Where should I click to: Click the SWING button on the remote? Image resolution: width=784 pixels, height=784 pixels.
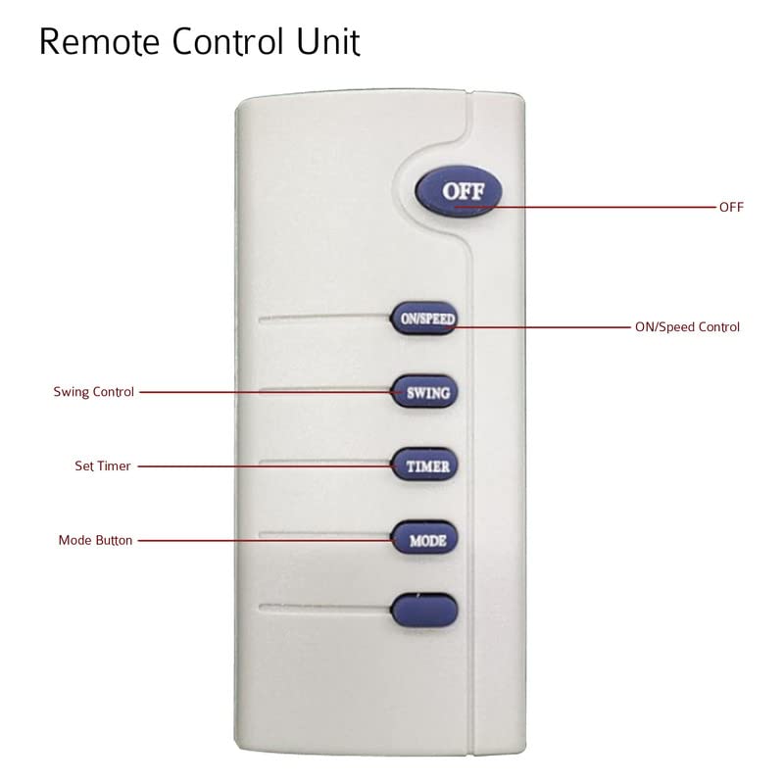424,390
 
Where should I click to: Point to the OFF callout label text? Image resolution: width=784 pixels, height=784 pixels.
731,208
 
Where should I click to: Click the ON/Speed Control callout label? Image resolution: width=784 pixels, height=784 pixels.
687,327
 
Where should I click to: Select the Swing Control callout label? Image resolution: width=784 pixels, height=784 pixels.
94,392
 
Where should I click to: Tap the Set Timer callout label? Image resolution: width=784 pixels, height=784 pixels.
102,466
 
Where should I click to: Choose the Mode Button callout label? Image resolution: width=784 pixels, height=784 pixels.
95,540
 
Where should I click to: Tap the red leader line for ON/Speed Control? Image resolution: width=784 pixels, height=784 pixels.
549,327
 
